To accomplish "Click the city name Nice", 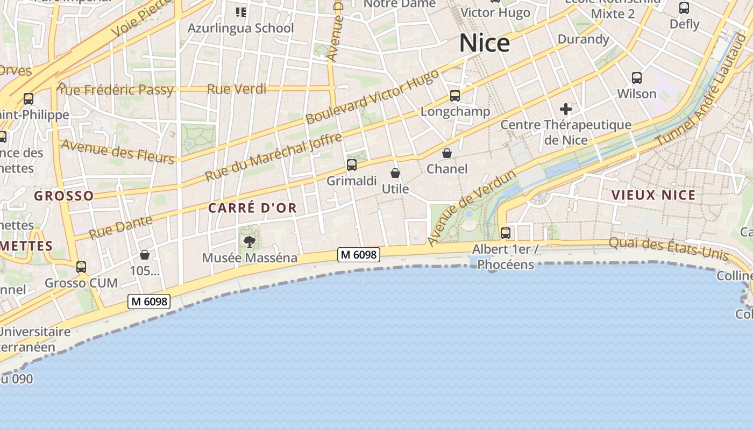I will coord(484,43).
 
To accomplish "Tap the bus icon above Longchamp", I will coord(455,96).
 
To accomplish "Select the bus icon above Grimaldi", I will coord(352,165).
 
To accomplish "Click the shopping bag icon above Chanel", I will coord(447,153).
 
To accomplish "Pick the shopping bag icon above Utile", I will coord(395,173).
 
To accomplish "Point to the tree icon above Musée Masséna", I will coord(249,242).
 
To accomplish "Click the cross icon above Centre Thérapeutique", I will coord(565,110).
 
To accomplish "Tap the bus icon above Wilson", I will coord(637,78).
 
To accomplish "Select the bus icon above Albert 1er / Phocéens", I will coord(506,233).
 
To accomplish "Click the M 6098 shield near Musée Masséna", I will coord(359,255).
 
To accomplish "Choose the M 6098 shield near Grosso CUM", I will coord(149,302).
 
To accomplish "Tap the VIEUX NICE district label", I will coord(653,195).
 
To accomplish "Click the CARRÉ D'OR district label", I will coord(252,208).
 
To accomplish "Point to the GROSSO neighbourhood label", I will coord(63,196).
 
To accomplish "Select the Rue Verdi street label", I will coord(237,89).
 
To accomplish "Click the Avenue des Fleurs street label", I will coord(118,151).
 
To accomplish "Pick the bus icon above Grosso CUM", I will coord(81,267).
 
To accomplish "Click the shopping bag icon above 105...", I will coord(145,255).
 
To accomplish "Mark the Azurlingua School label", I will coord(240,28).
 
